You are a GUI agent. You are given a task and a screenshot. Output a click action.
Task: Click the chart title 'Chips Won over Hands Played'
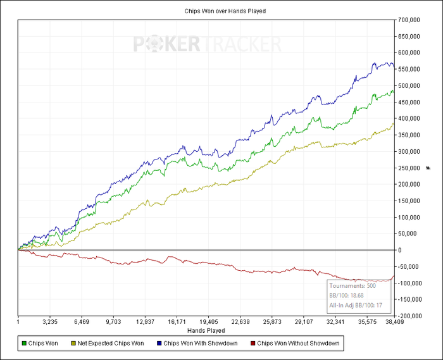pos(221,11)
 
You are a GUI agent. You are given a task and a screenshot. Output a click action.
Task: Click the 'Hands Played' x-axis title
pos(207,330)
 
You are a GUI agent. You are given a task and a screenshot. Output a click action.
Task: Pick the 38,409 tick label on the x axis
pos(394,321)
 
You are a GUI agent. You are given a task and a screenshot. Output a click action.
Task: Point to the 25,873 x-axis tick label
pos(272,321)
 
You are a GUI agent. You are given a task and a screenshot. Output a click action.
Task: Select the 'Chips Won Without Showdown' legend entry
pos(297,344)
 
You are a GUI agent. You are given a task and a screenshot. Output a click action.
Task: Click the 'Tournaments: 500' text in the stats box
pos(353,286)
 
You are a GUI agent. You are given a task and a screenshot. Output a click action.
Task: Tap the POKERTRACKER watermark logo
pos(207,44)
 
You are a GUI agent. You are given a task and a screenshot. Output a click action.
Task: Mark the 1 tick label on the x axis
pos(19,321)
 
